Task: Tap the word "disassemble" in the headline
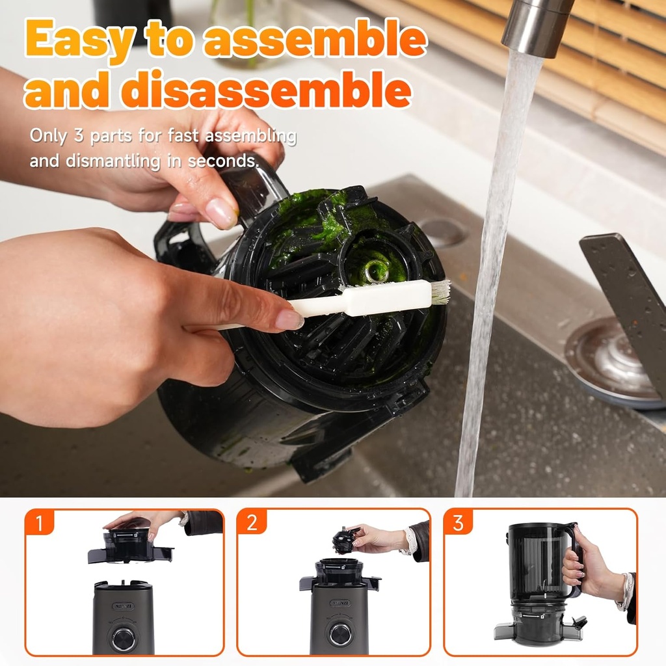(x=267, y=90)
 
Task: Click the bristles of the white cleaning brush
(x=440, y=293)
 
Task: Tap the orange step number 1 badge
(x=40, y=522)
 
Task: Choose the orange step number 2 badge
(x=251, y=522)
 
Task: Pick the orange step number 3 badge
(x=458, y=522)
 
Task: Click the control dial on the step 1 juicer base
(x=124, y=638)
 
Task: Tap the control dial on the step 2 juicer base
(x=340, y=634)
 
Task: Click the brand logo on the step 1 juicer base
(x=123, y=605)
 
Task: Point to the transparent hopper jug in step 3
(x=537, y=563)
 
